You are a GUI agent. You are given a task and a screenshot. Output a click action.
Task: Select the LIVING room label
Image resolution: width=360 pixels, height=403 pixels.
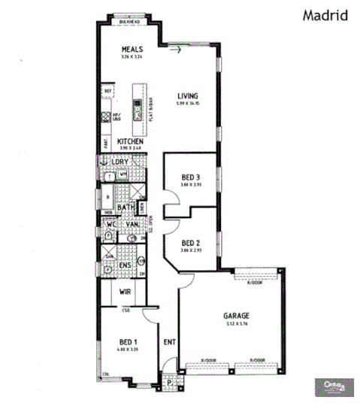[187, 95]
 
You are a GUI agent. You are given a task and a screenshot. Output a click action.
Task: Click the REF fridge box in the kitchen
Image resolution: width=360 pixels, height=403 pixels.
[107, 90]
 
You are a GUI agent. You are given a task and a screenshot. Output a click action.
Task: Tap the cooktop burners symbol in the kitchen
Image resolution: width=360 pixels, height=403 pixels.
[106, 117]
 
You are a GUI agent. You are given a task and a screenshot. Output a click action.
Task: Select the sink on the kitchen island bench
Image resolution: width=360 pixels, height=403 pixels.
[138, 113]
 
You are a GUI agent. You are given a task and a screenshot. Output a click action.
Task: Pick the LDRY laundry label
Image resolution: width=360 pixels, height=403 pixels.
[120, 162]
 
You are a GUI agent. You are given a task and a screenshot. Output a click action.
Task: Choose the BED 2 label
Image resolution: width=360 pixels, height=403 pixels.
[191, 242]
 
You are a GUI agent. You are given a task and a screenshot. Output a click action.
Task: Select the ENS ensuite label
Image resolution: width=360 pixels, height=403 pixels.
[125, 265]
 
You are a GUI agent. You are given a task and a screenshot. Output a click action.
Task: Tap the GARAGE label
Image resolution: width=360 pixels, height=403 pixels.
[235, 317]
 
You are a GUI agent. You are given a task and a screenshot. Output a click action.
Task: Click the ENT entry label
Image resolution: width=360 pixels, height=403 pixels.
[169, 343]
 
